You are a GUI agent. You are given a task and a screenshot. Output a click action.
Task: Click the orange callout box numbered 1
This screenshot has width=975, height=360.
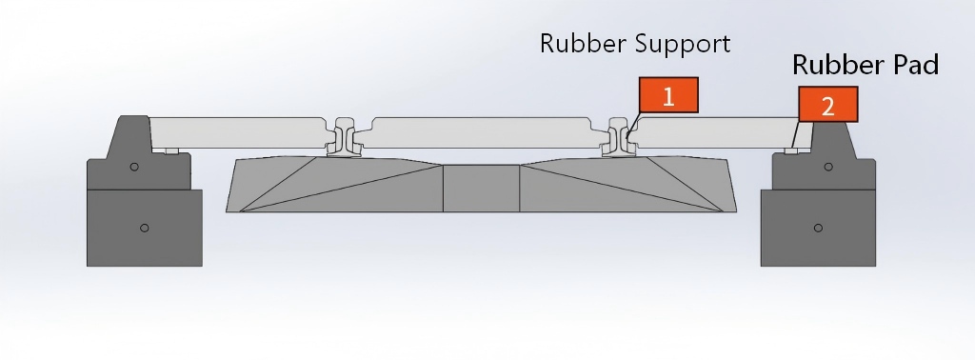[668, 96]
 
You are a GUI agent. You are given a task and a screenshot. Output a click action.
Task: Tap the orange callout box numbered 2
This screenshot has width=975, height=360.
[827, 106]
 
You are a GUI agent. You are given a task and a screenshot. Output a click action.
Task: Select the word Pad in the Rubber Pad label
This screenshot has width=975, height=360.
[911, 65]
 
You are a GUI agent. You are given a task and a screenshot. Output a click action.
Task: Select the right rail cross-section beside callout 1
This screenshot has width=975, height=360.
[619, 139]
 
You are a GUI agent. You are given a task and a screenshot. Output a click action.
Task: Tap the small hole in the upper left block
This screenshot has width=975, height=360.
[134, 167]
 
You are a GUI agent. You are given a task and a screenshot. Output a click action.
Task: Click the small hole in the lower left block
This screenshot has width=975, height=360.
[145, 228]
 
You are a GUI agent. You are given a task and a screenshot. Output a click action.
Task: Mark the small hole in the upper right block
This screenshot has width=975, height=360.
[828, 167]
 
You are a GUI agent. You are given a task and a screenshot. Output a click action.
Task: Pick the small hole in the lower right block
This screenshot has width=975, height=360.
[818, 228]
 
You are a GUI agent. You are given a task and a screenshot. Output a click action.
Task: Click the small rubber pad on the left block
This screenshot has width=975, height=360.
[171, 150]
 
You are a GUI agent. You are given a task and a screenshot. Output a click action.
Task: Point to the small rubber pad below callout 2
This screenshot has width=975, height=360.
[791, 150]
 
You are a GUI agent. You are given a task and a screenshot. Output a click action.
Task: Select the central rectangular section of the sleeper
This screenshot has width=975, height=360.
[482, 188]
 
